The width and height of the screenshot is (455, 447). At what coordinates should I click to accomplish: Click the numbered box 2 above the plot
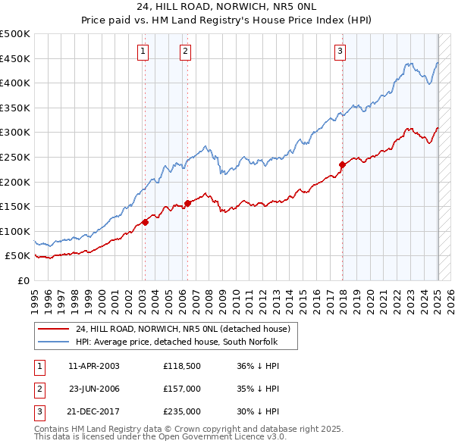[x=186, y=52]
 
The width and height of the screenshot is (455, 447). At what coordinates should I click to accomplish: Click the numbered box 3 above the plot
[x=340, y=52]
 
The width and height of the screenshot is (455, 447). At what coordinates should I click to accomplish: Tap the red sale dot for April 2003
[x=145, y=222]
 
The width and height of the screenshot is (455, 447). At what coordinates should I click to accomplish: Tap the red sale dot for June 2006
[x=187, y=203]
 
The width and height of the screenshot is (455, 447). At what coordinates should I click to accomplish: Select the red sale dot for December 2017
[x=342, y=164]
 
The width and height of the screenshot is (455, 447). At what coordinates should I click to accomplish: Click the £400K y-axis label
[x=15, y=83]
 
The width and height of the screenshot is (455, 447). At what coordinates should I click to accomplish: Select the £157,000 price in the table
[x=181, y=389]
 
